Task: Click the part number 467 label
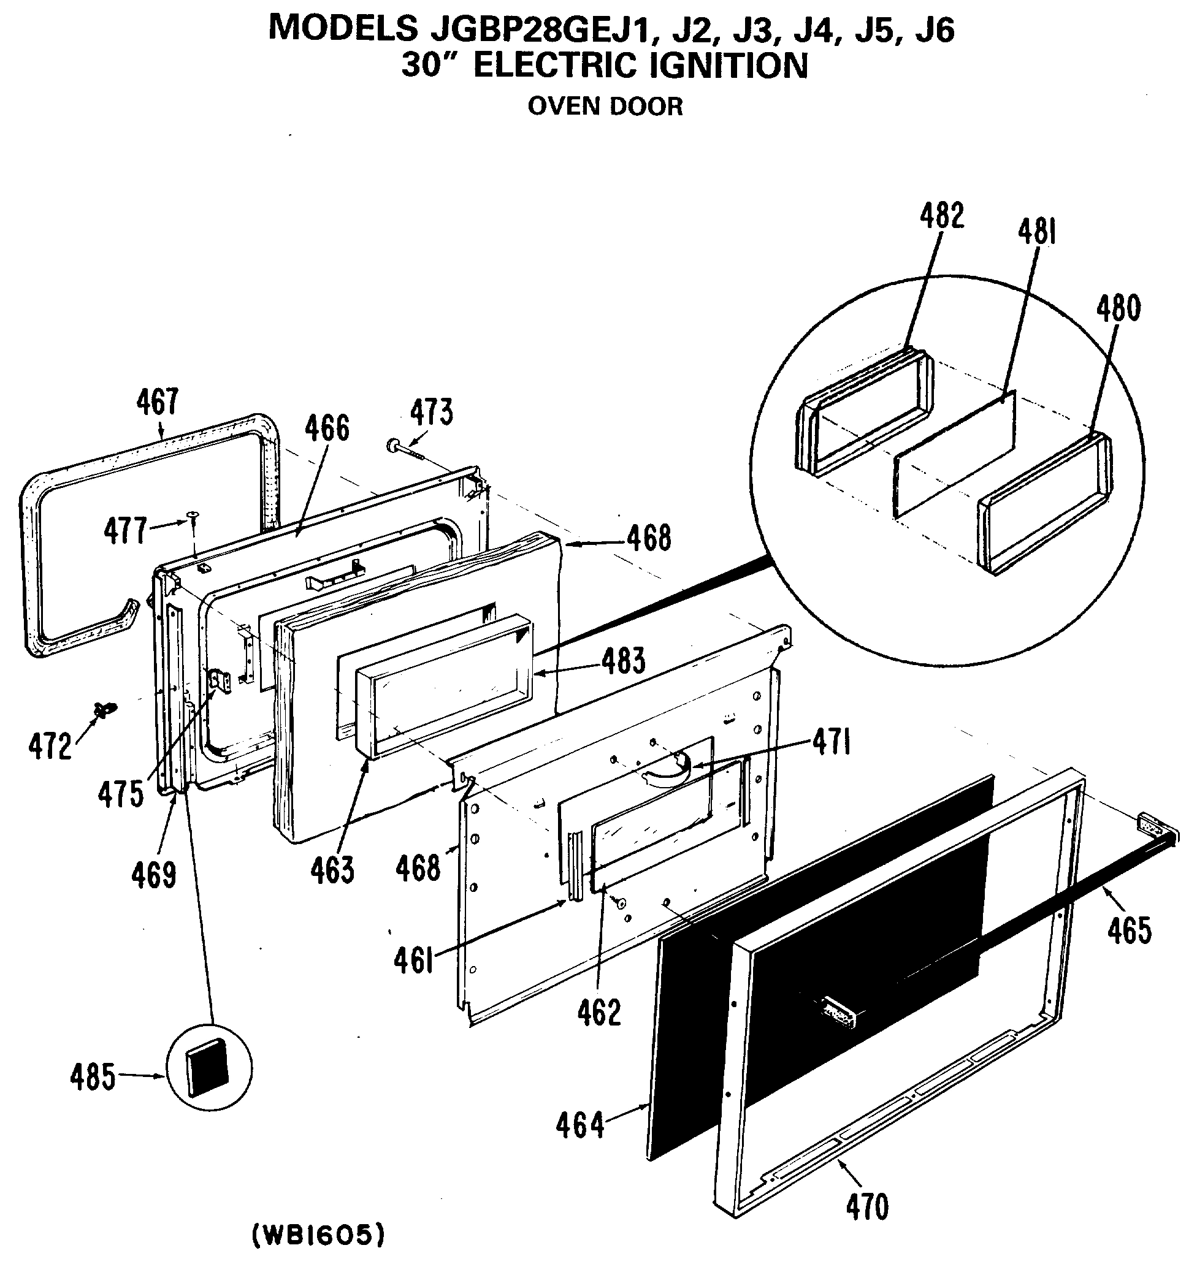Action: click(x=156, y=402)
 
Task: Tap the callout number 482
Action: click(x=942, y=216)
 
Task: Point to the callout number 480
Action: click(x=1118, y=308)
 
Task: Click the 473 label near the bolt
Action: click(x=431, y=412)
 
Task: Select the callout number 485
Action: click(x=93, y=1077)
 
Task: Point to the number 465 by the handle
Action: click(x=1129, y=930)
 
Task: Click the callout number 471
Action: click(x=832, y=744)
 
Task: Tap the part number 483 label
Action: click(x=624, y=661)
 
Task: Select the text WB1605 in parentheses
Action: click(x=319, y=1235)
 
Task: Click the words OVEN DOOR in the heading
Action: click(x=605, y=107)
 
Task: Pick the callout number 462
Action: click(x=599, y=1013)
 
